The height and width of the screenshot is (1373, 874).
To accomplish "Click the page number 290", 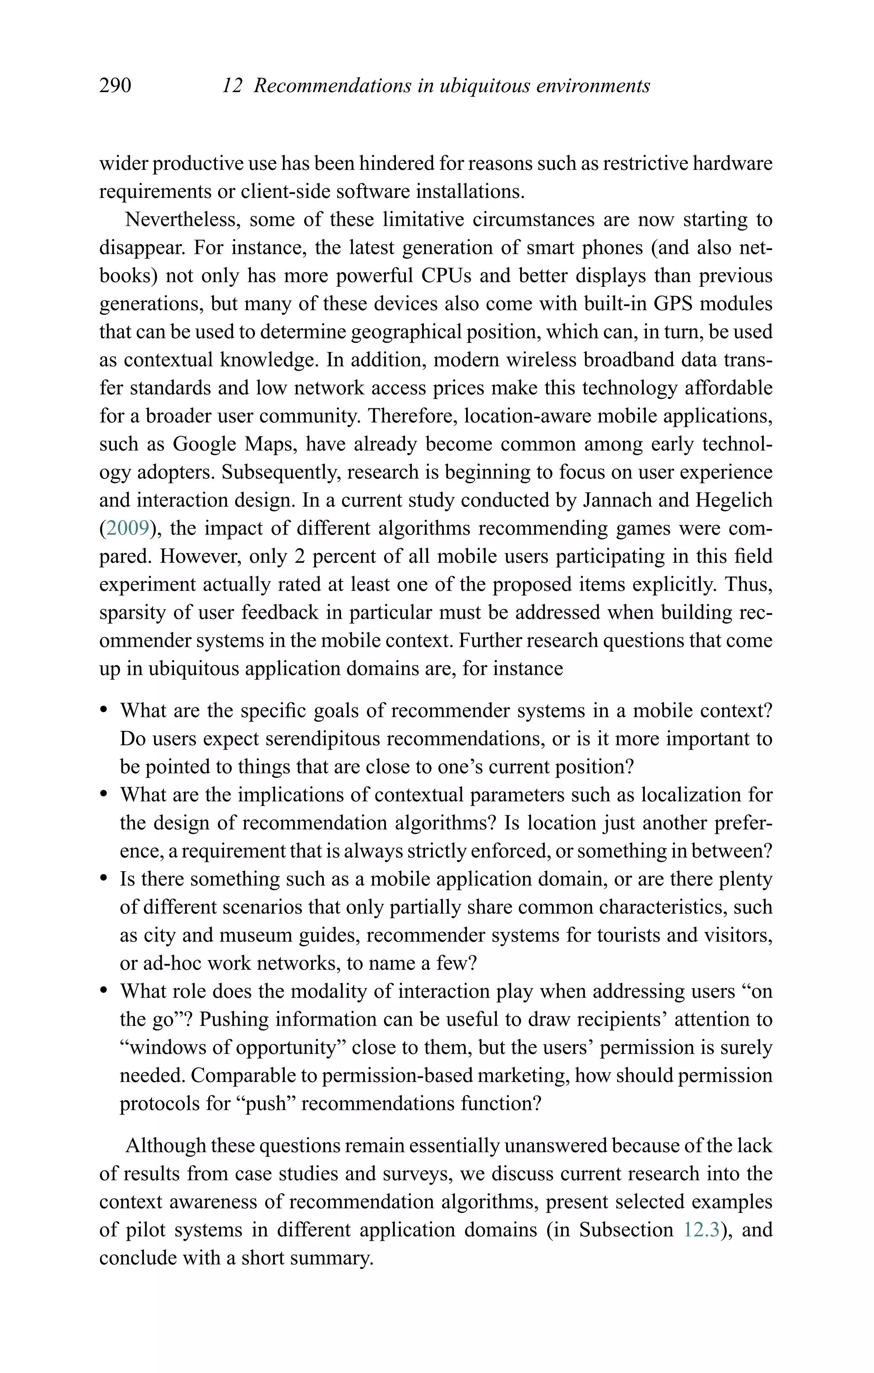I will click(115, 86).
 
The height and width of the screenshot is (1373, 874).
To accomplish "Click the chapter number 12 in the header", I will click(232, 86).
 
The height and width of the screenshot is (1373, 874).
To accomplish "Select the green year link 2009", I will click(127, 529).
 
